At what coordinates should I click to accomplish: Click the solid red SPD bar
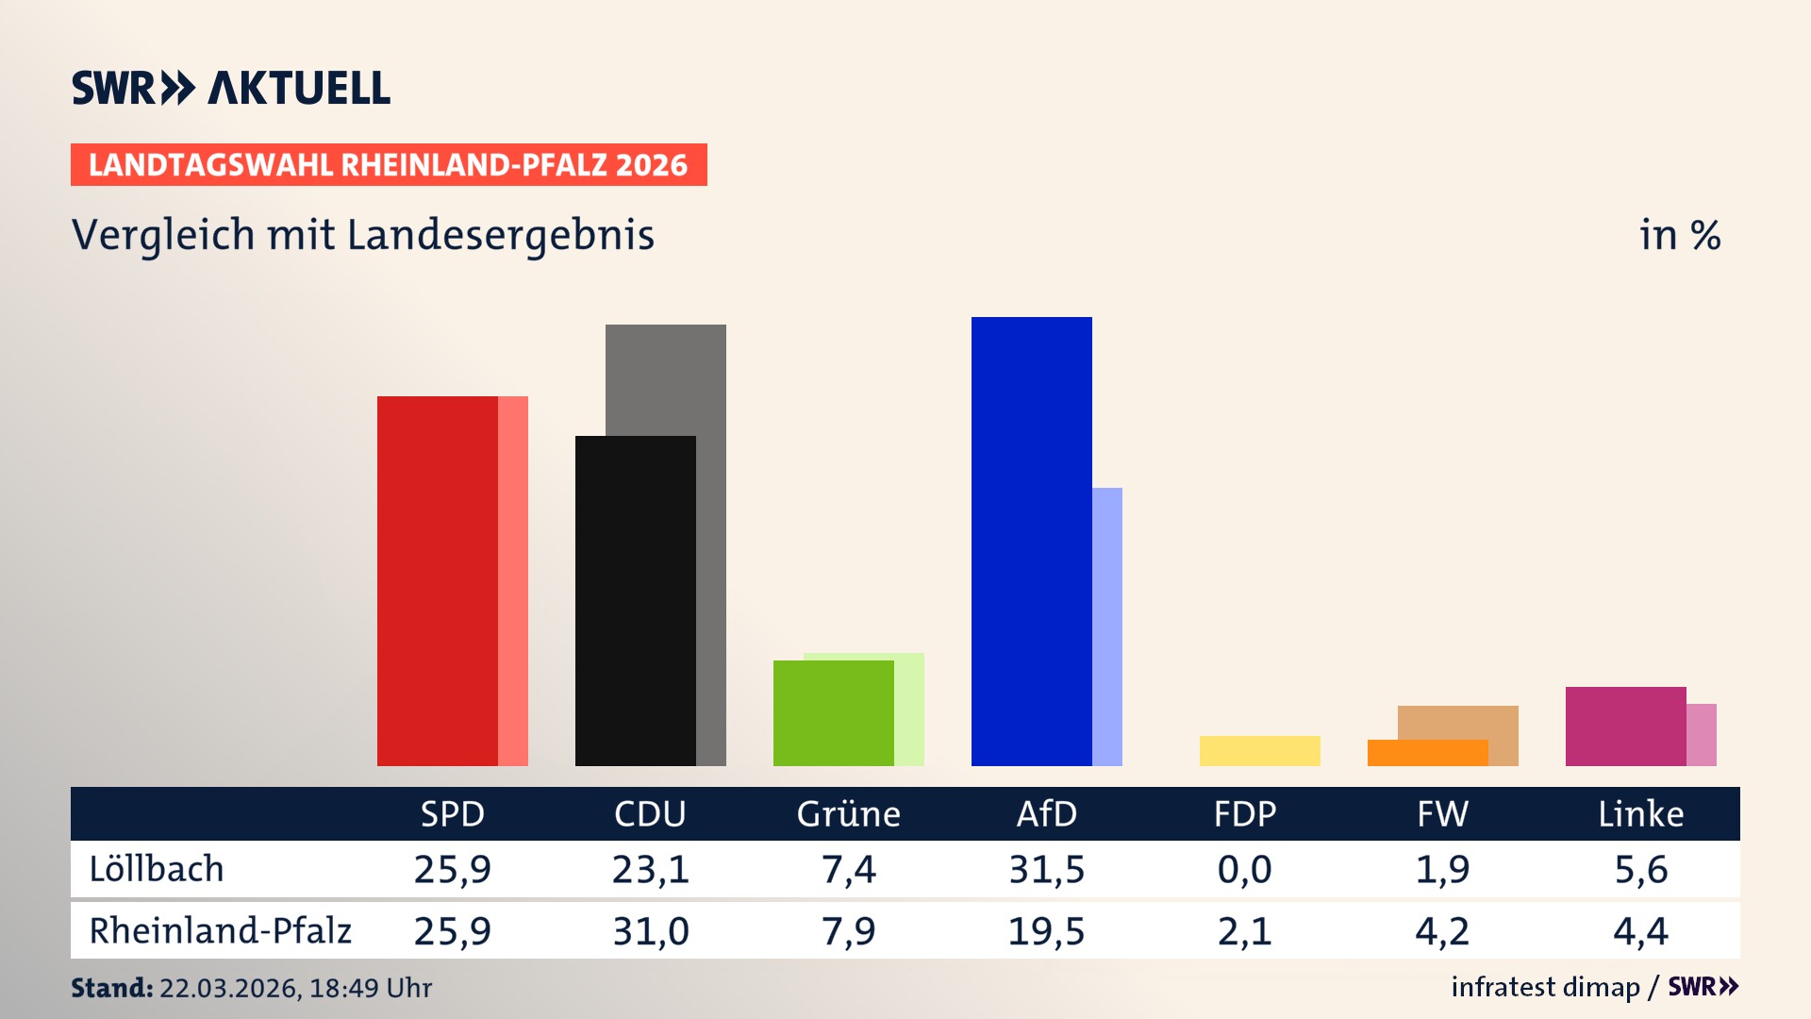point(437,580)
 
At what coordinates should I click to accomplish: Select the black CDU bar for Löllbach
point(635,600)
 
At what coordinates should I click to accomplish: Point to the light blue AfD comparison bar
point(1107,626)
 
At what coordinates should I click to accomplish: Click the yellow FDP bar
point(1259,751)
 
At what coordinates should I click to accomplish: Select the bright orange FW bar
point(1426,753)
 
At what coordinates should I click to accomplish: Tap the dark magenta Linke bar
point(1625,726)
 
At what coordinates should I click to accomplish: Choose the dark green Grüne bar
point(833,712)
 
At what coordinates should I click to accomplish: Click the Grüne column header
point(848,813)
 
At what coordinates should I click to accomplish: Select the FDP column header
point(1244,813)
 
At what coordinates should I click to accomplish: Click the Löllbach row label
point(157,869)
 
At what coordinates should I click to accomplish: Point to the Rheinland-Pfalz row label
point(220,930)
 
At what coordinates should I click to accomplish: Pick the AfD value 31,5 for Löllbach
point(1046,869)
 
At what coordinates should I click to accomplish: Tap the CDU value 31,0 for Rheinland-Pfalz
point(650,931)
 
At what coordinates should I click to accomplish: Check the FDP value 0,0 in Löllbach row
point(1244,869)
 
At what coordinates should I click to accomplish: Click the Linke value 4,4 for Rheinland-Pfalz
point(1640,931)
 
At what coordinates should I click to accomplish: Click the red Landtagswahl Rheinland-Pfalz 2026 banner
point(389,165)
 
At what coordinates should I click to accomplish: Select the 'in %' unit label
point(1679,235)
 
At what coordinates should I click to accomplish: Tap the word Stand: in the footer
point(111,988)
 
